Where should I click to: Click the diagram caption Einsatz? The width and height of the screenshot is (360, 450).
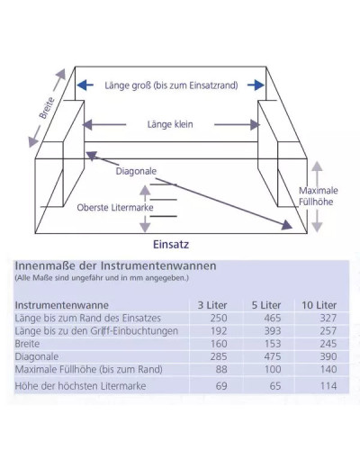[171, 244]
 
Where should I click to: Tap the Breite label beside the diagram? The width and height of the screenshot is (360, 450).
[47, 108]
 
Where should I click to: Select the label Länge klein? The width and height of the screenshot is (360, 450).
[170, 124]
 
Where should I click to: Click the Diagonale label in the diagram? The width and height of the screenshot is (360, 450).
[136, 171]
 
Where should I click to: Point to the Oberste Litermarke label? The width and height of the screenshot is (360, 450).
[115, 208]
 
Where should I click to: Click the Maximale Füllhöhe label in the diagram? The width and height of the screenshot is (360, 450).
[318, 196]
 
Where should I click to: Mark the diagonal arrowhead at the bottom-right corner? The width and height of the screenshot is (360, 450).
[286, 225]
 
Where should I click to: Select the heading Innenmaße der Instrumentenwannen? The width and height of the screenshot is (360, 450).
[115, 266]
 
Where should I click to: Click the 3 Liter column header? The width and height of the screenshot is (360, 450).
[212, 305]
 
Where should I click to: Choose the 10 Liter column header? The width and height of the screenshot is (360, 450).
[319, 305]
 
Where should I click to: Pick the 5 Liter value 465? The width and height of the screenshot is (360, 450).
[273, 318]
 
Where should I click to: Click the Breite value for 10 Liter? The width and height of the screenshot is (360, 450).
[328, 344]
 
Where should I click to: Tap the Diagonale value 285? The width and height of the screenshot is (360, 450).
[219, 356]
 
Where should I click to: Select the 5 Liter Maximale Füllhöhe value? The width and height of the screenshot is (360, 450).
[273, 369]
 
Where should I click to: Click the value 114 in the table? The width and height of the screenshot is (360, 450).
[328, 386]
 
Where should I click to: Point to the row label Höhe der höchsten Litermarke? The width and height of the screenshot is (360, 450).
[80, 386]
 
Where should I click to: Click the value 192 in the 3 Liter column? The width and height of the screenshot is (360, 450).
[219, 331]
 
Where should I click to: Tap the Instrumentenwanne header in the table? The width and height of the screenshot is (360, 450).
[62, 305]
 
